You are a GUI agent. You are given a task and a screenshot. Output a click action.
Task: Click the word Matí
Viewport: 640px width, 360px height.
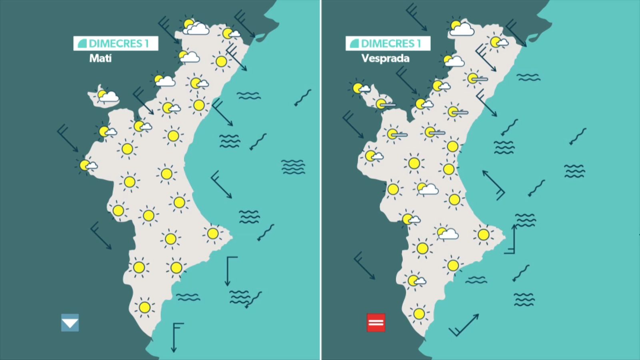coord(100,58)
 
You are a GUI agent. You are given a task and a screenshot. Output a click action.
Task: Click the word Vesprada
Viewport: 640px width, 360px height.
coord(385,58)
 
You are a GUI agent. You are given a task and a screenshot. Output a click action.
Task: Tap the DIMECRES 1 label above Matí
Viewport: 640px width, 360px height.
coord(116,44)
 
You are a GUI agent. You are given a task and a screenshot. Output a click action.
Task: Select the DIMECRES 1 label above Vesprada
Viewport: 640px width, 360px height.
coord(388,44)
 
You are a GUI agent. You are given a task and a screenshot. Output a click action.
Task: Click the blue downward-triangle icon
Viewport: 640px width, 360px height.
coord(70,323)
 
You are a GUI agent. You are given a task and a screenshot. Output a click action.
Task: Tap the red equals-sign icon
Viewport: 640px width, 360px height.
coord(376,322)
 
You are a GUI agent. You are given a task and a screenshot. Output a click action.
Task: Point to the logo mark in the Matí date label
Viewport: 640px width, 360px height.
coord(82,44)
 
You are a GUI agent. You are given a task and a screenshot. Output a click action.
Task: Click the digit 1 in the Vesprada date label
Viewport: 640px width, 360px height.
coord(419,44)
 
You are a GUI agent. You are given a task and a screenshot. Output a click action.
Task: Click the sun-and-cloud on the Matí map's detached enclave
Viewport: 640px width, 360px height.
coord(107,96)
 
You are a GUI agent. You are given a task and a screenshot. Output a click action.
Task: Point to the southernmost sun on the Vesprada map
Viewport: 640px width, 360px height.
coord(419,314)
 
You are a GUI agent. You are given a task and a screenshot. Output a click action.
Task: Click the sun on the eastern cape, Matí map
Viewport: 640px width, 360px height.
coord(212,233)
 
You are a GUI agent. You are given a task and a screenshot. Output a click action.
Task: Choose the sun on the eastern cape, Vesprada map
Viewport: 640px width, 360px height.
coord(484,234)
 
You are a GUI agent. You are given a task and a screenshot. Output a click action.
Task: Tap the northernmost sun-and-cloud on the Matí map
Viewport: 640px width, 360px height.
coord(195,26)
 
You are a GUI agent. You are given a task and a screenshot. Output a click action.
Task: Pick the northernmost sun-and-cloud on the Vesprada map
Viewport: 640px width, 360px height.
coord(460,28)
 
